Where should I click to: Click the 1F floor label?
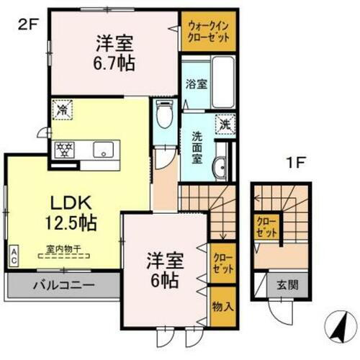coord(297,162)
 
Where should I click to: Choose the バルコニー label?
coord(63,284)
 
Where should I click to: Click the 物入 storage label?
coord(222,305)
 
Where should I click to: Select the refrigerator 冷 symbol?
coord(63,112)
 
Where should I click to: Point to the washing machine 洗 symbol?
coord(226,123)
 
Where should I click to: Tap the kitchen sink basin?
coord(102,150)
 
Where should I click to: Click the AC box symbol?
coord(14,256)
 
